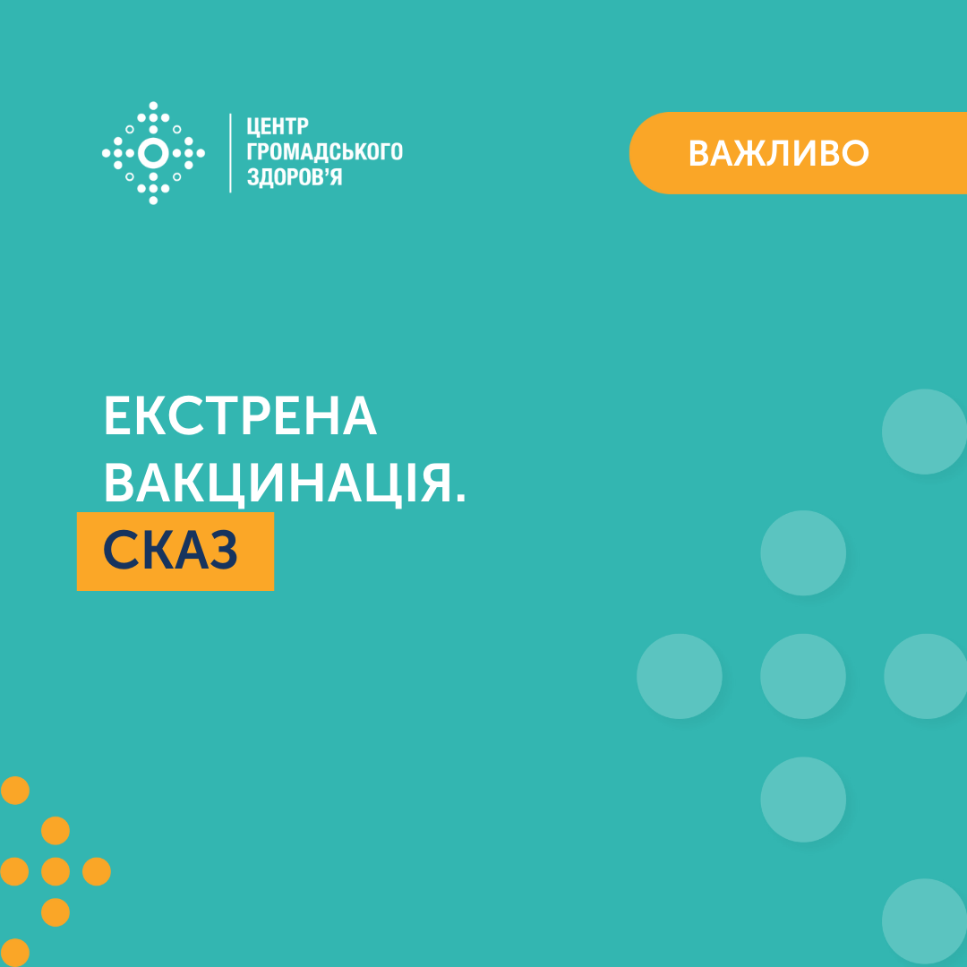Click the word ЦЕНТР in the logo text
tap(278, 126)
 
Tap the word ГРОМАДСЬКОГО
tap(324, 151)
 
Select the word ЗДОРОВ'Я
tap(295, 177)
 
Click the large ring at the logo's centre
tap(153, 153)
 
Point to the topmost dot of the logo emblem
tap(153, 106)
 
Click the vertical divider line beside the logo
tap(231, 153)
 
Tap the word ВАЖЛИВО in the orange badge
tap(778, 153)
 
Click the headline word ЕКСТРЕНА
tap(240, 415)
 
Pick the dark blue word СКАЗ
tap(169, 550)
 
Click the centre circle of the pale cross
tap(803, 676)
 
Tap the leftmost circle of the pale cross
tap(679, 676)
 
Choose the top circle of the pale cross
tap(803, 552)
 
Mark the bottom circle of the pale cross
tap(803, 800)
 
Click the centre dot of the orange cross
tap(56, 871)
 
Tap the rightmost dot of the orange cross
tap(96, 871)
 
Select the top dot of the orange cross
tap(56, 831)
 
